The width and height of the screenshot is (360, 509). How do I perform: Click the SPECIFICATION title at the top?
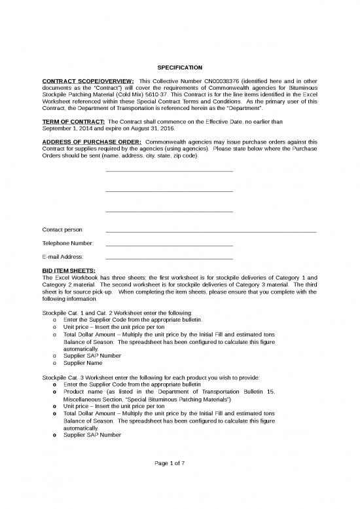pos(179,68)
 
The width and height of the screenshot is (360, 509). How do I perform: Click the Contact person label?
pos(62,231)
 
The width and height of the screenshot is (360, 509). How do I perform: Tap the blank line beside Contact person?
pos(211,232)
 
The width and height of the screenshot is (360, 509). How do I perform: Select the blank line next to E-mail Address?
pos(169,257)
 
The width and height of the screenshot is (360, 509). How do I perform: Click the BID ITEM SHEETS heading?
pos(68,270)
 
